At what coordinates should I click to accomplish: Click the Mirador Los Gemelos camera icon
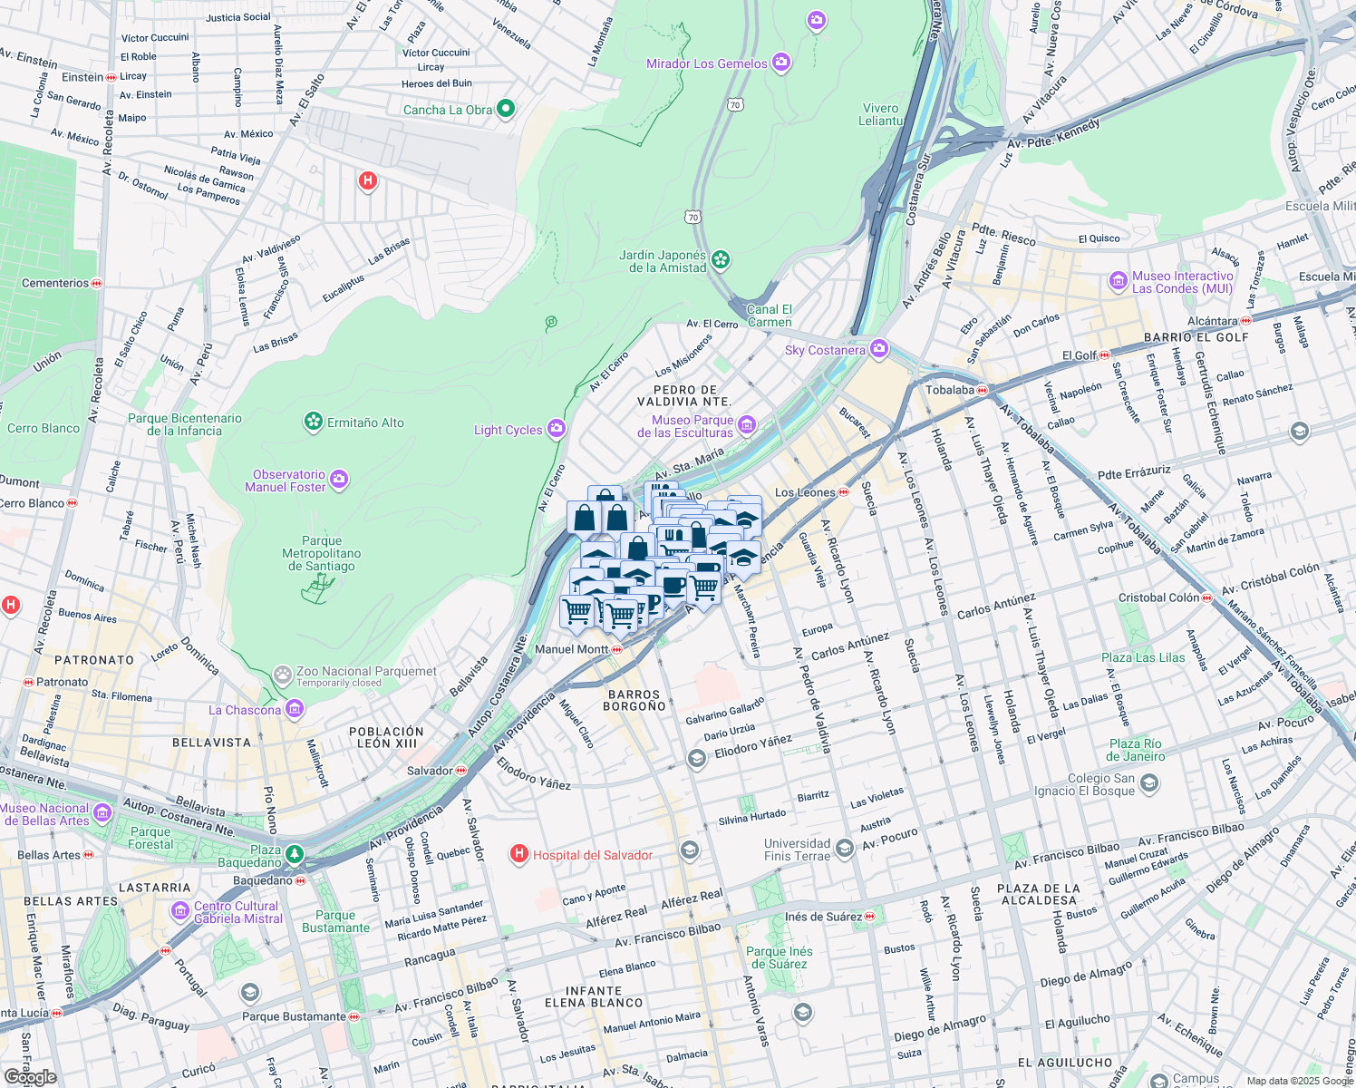781,63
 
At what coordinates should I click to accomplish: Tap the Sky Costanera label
825,350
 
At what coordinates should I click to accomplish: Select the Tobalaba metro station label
950,390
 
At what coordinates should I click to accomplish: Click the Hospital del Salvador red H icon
519,853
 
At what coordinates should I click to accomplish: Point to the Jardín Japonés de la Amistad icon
721,260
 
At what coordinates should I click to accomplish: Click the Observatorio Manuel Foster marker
339,480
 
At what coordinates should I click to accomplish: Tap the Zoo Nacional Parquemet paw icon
283,675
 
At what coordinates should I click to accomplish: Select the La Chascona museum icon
295,710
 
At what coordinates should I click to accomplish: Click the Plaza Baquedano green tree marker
295,854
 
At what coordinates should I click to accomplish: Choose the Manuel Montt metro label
572,649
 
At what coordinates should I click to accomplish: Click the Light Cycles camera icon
557,429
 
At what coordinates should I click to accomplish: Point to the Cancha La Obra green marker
506,109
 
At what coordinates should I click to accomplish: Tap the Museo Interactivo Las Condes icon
1119,282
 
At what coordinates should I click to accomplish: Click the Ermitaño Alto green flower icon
313,422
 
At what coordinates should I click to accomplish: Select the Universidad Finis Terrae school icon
844,849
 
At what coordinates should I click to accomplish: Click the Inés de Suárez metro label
824,917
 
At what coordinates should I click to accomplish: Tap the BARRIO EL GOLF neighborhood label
1196,337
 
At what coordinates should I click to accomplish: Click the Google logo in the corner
30,1076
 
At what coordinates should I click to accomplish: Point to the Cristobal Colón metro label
1158,597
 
